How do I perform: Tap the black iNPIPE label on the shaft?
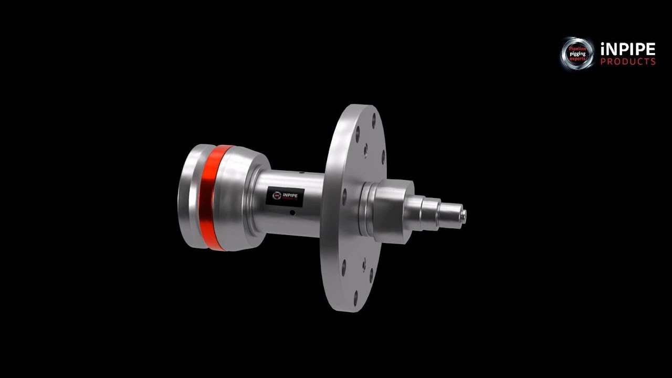pos(282,196)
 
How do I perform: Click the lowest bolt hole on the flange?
pos(355,298)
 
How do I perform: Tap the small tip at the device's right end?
pos(464,214)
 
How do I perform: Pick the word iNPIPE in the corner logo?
pos(627,49)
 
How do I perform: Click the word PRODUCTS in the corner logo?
pos(627,62)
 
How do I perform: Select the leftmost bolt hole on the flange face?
pos(344,197)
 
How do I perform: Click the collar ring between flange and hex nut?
pos(366,207)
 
